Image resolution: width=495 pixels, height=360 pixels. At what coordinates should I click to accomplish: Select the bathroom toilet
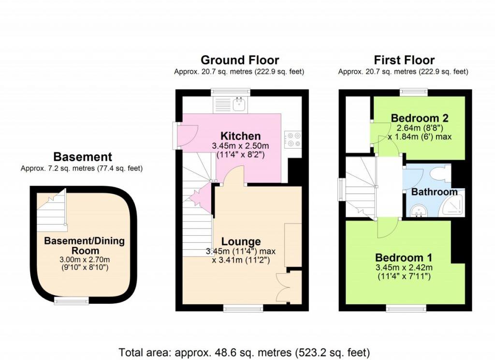441,173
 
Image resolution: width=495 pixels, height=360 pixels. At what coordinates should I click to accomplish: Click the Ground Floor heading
239,60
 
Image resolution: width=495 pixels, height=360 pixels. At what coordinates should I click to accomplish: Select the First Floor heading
404,60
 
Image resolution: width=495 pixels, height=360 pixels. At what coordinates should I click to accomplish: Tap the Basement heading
82,157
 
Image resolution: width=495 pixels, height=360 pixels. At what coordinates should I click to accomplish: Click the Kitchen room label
240,136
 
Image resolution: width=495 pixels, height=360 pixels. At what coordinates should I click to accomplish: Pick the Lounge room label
241,241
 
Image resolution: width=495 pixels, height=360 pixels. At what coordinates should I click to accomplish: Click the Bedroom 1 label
404,257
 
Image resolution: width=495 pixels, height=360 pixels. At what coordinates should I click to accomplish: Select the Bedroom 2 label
420,118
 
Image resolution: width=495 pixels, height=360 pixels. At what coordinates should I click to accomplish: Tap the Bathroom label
434,192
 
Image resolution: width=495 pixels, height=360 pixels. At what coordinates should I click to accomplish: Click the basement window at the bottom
72,301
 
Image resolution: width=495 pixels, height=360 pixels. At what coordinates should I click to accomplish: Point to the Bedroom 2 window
414,91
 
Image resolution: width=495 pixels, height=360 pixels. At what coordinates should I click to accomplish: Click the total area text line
245,351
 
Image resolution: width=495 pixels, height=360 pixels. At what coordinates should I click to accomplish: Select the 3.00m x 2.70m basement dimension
85,260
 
